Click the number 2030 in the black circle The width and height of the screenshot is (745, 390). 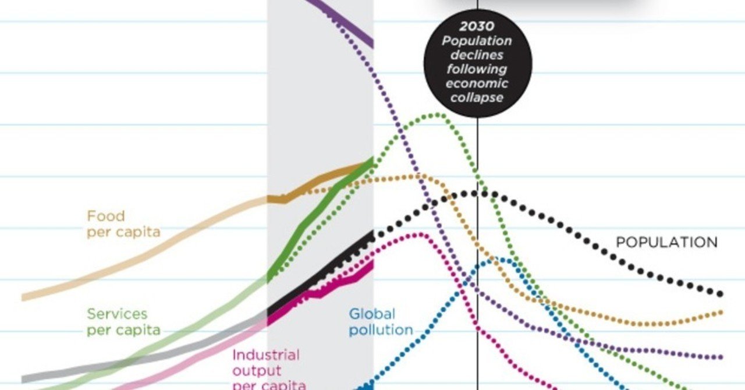[x=477, y=26]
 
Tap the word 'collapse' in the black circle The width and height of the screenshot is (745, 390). [x=477, y=97]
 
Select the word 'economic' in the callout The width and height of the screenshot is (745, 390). [x=477, y=83]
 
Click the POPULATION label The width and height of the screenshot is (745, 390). [x=666, y=242]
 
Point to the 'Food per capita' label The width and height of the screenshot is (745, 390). [x=123, y=224]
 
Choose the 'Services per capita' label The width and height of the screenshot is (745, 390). [x=123, y=322]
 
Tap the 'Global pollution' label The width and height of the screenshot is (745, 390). [x=381, y=322]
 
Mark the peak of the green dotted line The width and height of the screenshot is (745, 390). [x=437, y=114]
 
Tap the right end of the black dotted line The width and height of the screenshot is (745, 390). [x=721, y=294]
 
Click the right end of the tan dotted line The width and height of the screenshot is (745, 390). [x=721, y=313]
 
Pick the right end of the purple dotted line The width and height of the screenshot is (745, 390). [x=721, y=357]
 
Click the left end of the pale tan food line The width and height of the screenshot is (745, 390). [x=24, y=297]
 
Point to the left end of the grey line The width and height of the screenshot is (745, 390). [x=24, y=378]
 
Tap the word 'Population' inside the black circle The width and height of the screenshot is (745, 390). [x=477, y=41]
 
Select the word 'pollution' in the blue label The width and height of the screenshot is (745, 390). [x=381, y=330]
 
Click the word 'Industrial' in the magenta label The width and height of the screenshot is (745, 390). [x=265, y=355]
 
